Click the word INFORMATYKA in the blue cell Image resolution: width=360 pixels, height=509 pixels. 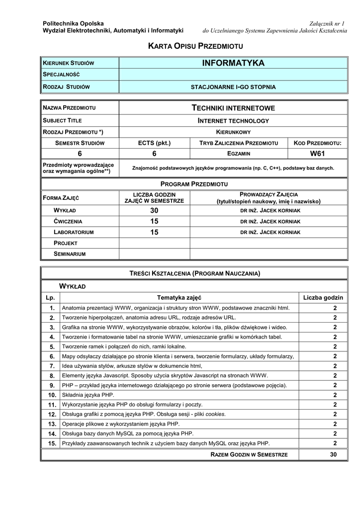[233, 63]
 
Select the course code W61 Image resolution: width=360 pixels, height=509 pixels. [318, 154]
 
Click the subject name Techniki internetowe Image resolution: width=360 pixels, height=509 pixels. [233, 108]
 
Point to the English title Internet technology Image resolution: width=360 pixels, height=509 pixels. [233, 120]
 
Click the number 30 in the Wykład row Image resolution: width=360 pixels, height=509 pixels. [154, 210]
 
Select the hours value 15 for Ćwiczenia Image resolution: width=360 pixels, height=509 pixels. [154, 221]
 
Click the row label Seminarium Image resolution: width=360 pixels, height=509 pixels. [70, 254]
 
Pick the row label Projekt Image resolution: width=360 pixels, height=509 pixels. [66, 243]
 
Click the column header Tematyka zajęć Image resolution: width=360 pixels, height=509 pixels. [179, 298]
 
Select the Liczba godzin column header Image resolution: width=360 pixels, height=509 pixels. [323, 298]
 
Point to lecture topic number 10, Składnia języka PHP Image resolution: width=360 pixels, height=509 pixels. [88, 395]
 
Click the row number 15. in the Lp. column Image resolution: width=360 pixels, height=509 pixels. [51, 443]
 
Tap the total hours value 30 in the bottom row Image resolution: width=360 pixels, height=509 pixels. [333, 454]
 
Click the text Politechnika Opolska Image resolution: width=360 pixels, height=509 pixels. [73, 23]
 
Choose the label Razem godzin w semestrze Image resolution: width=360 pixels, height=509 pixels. [249, 455]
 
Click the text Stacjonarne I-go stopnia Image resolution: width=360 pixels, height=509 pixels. [233, 87]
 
